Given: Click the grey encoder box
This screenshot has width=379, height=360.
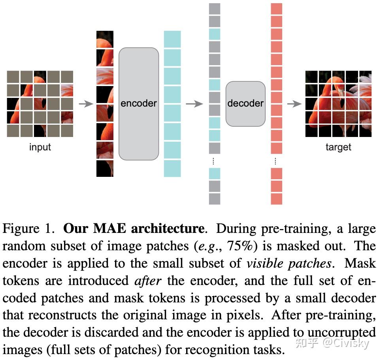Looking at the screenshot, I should [139, 103].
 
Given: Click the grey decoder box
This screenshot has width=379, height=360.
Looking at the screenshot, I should [245, 103].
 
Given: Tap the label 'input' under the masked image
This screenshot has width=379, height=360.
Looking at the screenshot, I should [40, 147].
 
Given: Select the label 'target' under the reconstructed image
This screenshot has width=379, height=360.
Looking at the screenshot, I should [338, 147].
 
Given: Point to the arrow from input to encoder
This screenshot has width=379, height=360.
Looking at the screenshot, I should [86, 104].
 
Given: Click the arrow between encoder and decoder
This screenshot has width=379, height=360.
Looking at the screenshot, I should [194, 104].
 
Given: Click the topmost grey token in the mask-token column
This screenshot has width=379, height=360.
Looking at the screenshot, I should [214, 9].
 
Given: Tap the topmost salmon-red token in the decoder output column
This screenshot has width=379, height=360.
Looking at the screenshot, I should [277, 9].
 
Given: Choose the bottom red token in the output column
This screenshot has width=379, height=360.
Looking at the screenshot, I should [277, 199].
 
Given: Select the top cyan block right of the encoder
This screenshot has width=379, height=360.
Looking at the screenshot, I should [172, 39].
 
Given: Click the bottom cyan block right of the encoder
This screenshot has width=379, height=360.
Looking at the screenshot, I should [172, 169].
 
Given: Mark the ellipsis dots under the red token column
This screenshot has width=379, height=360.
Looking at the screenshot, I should [275, 161].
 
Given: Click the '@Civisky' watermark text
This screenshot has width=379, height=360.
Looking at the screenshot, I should [345, 343].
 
